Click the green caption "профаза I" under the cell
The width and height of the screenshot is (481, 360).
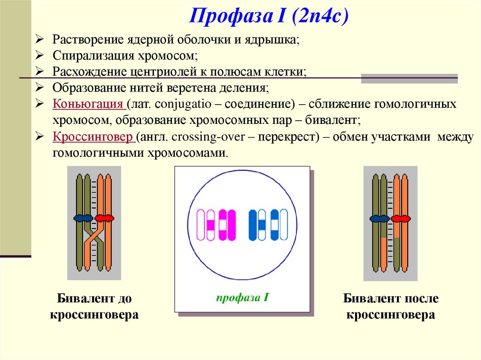tap(242, 297)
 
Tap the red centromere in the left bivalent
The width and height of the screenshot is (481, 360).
tap(104, 218)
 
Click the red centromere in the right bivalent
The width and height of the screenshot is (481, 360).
tap(400, 219)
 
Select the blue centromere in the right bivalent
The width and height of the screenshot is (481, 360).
tap(380, 219)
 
